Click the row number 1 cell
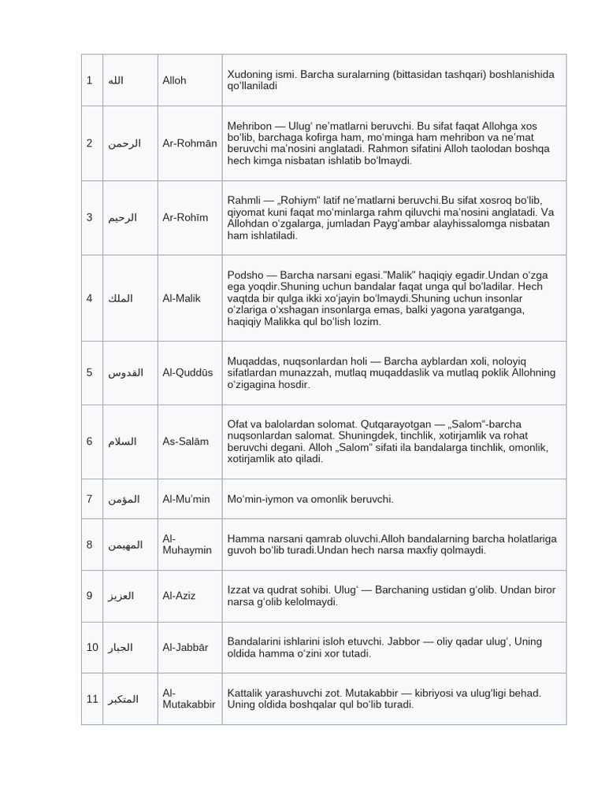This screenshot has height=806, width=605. coord(90,80)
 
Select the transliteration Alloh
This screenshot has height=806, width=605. coord(174,80)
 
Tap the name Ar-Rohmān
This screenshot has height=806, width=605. coord(189,143)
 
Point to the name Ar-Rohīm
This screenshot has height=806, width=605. coord(185,217)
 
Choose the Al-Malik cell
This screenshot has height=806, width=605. coord(181,298)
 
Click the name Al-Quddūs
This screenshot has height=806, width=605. coord(187,372)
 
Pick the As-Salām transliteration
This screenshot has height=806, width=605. coord(185,442)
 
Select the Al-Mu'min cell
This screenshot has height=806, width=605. coord(186,499)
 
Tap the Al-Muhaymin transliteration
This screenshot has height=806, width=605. coord(187,544)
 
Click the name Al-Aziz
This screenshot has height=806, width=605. coord(179,596)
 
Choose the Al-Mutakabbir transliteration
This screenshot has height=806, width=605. coord(188,698)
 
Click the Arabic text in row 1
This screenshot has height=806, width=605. coord(116,80)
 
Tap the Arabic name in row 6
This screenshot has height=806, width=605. coord(122,442)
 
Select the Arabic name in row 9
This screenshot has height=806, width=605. coord(121,596)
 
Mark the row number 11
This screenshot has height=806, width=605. coord(92,698)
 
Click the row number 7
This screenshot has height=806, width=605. coord(90,499)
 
